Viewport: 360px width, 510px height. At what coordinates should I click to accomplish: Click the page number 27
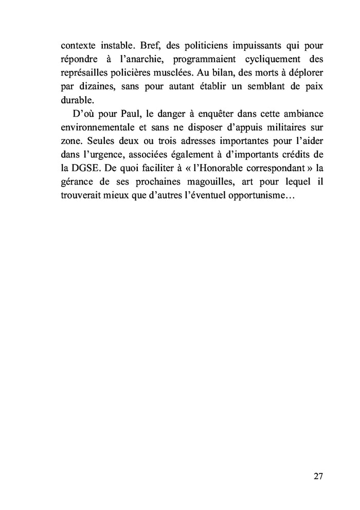pos(317,476)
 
